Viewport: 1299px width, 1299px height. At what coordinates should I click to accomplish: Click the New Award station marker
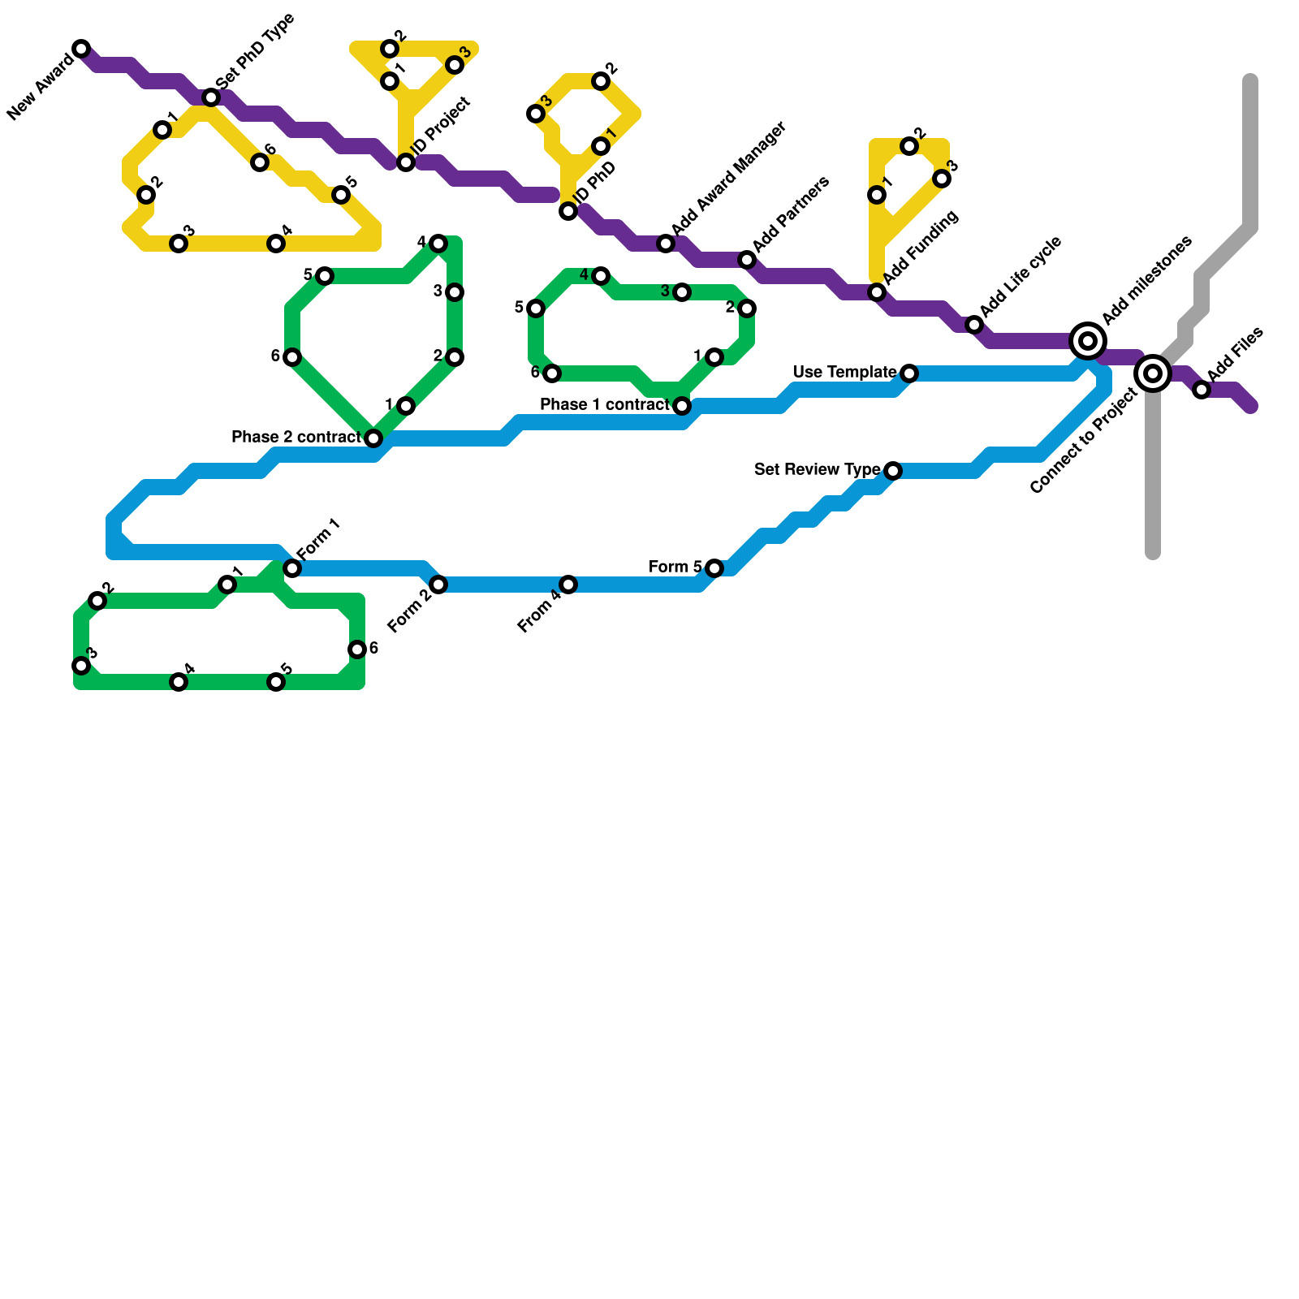(x=81, y=49)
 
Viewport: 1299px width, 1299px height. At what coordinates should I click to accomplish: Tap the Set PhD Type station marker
(x=211, y=97)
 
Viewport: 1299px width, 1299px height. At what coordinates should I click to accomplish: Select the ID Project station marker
(x=406, y=162)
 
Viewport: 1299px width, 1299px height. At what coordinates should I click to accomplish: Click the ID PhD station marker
(x=568, y=211)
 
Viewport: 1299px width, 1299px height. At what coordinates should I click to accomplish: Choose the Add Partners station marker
(x=747, y=260)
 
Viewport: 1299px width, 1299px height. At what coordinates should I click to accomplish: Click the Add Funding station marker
(x=877, y=292)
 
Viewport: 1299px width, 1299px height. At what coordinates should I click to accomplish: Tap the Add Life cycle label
(x=1021, y=277)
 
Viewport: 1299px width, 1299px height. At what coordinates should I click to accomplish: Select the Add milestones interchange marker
(x=1088, y=341)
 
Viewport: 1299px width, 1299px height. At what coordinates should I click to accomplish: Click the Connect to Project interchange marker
(x=1153, y=373)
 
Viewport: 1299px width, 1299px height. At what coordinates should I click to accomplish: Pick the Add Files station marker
(x=1202, y=390)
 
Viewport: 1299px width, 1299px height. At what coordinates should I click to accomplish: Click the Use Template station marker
(x=909, y=373)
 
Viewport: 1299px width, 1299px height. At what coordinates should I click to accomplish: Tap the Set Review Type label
(x=817, y=469)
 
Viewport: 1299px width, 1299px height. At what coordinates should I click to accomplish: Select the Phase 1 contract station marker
(x=682, y=406)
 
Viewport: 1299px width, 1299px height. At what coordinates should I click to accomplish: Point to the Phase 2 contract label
(x=296, y=438)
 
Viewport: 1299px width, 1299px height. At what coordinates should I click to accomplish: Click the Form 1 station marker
(x=292, y=568)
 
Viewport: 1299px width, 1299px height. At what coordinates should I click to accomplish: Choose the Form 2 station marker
(x=438, y=585)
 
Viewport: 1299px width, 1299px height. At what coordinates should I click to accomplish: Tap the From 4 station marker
(x=568, y=585)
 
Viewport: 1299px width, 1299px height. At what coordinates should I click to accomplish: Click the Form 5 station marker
(x=714, y=568)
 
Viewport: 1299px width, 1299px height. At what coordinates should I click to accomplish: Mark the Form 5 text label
(x=675, y=567)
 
